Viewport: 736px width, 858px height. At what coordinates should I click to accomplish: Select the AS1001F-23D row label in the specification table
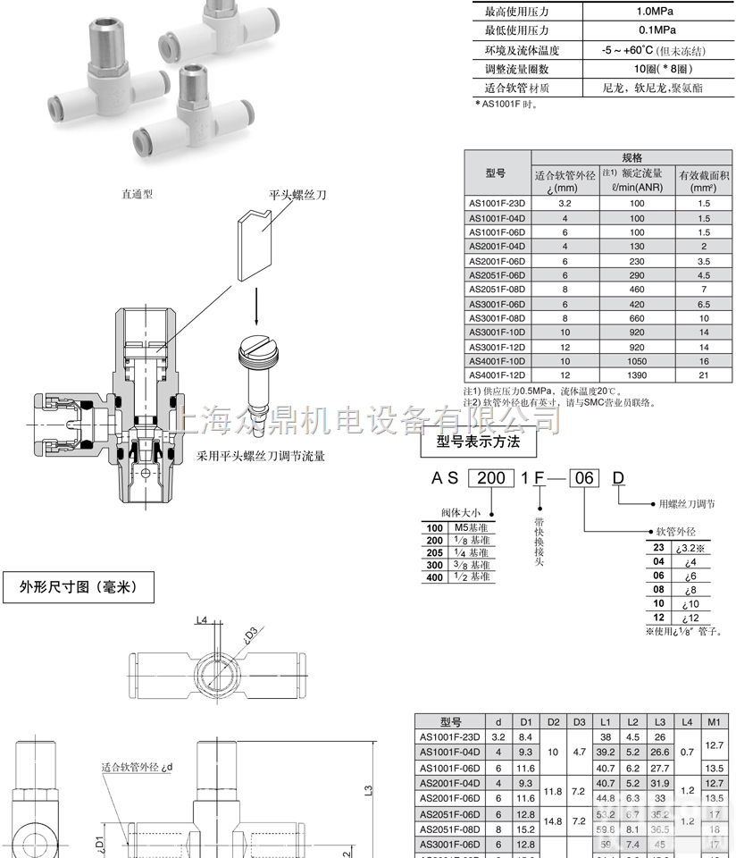[x=499, y=203]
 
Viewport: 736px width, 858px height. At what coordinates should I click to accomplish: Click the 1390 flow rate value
[x=637, y=374]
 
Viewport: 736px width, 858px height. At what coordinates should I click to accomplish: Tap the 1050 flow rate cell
[x=637, y=360]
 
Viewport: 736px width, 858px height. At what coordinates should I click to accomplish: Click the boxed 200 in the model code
[x=489, y=478]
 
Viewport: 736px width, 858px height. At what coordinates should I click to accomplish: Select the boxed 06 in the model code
[x=584, y=478]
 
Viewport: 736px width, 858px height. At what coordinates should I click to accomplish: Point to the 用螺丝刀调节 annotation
[x=686, y=505]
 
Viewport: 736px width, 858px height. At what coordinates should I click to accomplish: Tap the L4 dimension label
[x=201, y=620]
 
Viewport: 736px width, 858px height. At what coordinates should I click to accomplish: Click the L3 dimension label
[x=369, y=791]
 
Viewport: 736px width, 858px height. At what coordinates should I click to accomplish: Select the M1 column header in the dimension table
[x=714, y=721]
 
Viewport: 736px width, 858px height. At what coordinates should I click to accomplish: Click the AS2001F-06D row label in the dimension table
[x=450, y=797]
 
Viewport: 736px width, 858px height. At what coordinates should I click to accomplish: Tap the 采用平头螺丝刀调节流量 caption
[x=260, y=456]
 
